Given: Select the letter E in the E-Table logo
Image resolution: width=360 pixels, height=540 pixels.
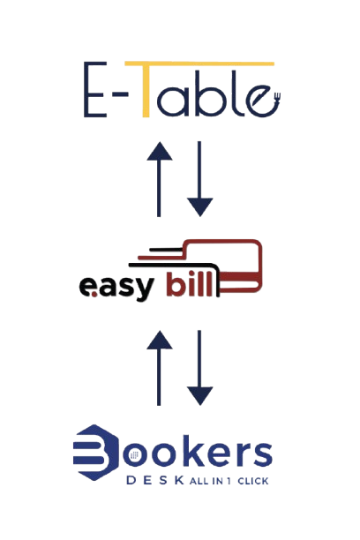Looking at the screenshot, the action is (x=94, y=89).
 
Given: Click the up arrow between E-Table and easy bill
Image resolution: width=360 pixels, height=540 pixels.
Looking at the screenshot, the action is (x=159, y=179).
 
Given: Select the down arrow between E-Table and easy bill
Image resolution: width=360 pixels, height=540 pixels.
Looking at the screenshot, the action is (x=199, y=179).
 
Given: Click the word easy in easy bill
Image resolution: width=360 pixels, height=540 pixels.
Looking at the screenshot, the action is (x=116, y=287).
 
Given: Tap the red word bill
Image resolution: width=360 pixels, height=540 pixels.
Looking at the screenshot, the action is (x=188, y=284).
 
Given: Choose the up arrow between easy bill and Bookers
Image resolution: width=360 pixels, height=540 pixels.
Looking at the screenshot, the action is (x=159, y=368).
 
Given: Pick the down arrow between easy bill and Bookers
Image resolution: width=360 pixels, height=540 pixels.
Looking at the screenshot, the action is (x=199, y=368).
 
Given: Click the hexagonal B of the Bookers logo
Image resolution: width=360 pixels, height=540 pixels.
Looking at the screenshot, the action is (x=96, y=452).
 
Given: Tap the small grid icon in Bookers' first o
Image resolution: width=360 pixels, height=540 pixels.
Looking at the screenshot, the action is (x=134, y=455).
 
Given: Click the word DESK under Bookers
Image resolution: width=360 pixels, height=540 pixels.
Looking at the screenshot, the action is (x=155, y=480).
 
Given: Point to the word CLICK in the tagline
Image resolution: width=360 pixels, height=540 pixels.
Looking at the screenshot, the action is (x=253, y=481).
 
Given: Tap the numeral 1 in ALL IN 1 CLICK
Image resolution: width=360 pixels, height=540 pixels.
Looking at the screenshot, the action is (x=229, y=481).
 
